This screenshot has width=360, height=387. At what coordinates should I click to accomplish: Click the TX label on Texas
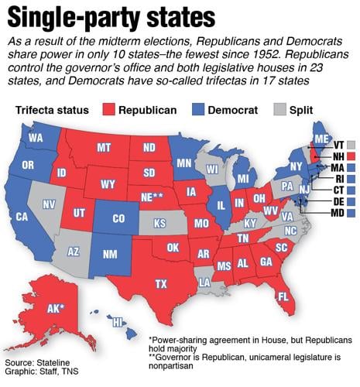coord(161,284)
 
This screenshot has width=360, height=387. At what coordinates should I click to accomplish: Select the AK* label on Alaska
coord(55,308)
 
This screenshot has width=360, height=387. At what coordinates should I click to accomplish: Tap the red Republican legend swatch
coord(108,109)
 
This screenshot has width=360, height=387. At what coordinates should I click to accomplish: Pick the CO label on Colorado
coord(118,219)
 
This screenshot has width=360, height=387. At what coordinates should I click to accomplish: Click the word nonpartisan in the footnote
coord(177,368)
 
